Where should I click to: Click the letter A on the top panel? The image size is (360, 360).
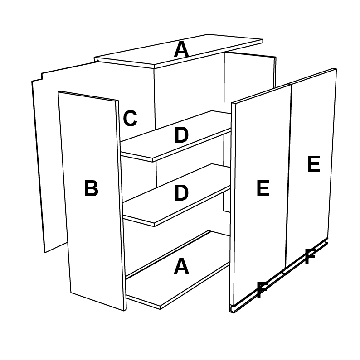click(181, 50)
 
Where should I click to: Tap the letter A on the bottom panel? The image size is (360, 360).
click(181, 266)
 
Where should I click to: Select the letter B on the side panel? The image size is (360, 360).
click(91, 188)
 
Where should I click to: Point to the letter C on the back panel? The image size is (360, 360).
click(130, 118)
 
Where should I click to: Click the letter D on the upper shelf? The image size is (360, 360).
click(181, 135)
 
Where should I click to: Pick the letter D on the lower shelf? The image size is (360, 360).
click(181, 193)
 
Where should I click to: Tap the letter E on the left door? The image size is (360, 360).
click(263, 188)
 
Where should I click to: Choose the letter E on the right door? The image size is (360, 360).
click(314, 164)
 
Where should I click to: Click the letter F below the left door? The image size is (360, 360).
click(262, 290)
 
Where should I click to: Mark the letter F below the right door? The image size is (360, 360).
click(310, 256)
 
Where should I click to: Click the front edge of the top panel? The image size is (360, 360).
click(209, 54)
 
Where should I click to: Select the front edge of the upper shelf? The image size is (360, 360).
click(192, 145)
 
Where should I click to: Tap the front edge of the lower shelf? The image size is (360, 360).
click(192, 206)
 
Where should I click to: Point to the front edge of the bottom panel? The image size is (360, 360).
click(195, 285)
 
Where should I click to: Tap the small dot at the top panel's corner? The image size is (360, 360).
click(98, 61)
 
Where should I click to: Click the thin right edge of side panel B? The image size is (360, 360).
click(121, 206)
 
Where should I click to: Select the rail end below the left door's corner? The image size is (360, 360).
click(232, 309)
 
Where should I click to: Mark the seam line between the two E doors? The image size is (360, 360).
click(288, 176)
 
